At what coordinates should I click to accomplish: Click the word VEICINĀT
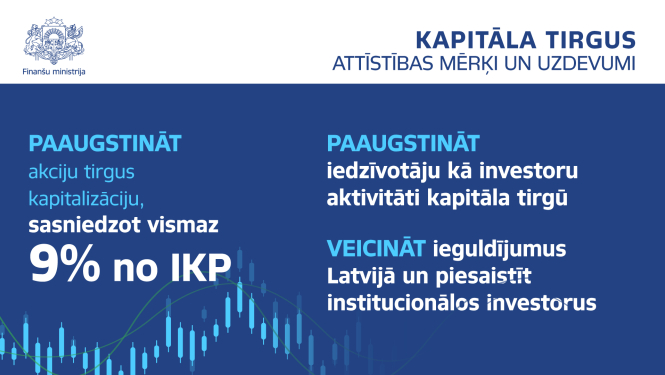tap(376, 247)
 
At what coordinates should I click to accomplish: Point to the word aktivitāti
tap(372, 198)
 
